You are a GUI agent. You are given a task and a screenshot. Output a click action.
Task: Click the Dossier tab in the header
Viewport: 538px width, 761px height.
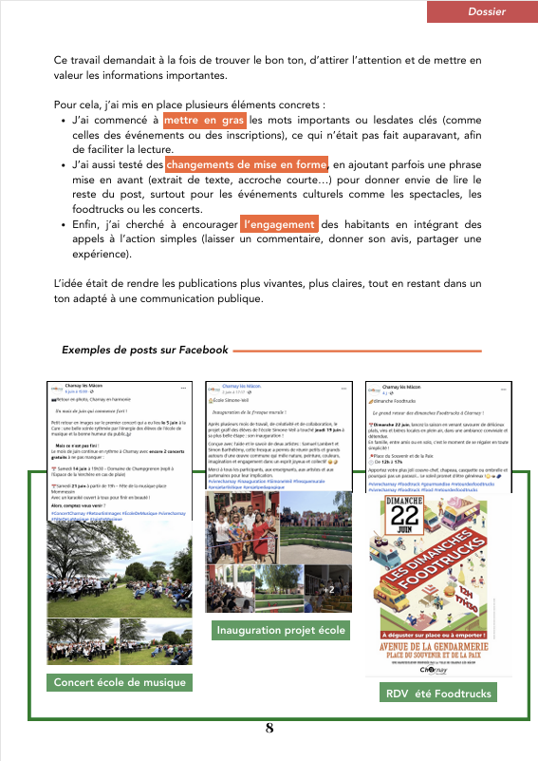486,11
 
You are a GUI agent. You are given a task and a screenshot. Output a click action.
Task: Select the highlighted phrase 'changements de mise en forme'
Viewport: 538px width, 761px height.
246,164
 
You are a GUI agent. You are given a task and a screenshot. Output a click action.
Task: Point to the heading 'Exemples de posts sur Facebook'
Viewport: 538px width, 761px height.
145,350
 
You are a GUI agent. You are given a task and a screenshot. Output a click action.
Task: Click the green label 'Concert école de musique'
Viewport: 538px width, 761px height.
120,682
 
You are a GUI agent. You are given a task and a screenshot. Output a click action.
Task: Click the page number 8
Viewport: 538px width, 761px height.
269,729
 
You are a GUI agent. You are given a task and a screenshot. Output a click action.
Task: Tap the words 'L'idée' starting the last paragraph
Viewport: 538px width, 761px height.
69,284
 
